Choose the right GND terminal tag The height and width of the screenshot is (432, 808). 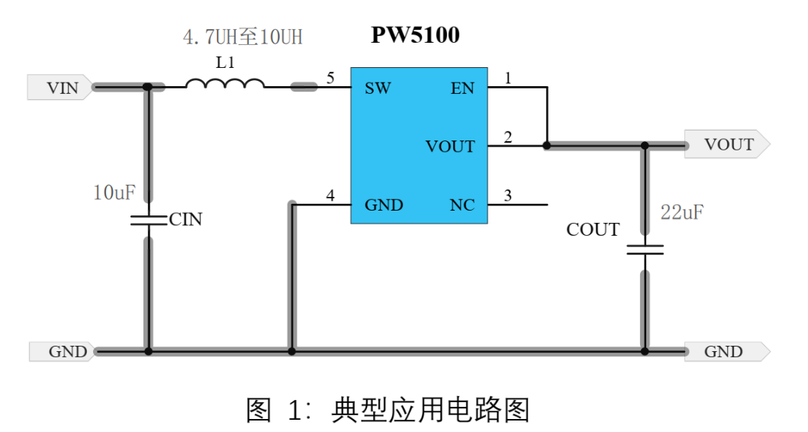pos(725,352)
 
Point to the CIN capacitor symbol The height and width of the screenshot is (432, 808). pos(148,220)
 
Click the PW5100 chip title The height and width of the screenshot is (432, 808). pos(415,35)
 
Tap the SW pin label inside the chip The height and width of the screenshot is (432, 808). pos(378,89)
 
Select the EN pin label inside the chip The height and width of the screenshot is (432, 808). pos(462,89)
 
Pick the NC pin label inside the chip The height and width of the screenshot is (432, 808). pos(462,205)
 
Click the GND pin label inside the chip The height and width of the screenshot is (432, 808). pos(384,205)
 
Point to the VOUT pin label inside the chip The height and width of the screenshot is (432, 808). pos(450,147)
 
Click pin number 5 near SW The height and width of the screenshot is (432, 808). pos(330,78)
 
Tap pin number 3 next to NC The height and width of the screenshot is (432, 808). pos(508,195)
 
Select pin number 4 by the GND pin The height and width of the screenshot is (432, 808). pos(330,195)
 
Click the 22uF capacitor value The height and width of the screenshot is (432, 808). pos(681,213)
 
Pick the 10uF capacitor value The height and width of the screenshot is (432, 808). pos(114,193)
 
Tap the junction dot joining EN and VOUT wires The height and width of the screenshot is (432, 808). pos(547,144)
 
